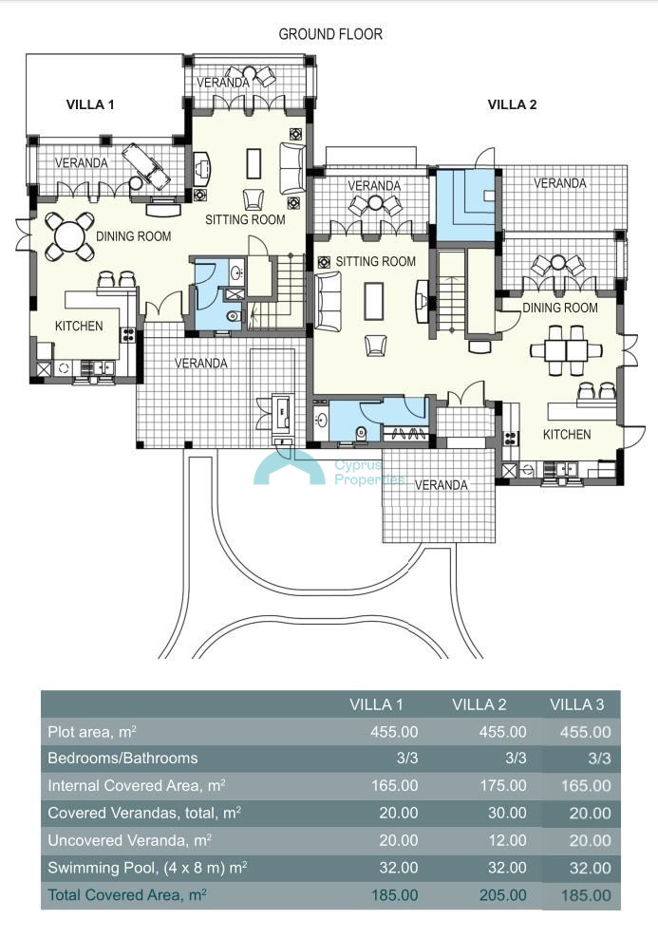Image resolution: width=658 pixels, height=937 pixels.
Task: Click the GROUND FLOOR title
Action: click(330, 34)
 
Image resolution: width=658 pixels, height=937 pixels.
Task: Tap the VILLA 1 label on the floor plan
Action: click(90, 104)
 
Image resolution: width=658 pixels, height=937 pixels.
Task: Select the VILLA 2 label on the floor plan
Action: click(512, 104)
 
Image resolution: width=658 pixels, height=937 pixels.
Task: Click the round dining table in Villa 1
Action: click(69, 236)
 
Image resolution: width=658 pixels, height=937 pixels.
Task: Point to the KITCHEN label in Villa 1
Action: click(79, 327)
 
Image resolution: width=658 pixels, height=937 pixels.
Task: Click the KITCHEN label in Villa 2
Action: click(567, 435)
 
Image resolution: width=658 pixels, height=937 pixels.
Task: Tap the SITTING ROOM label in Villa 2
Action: click(375, 262)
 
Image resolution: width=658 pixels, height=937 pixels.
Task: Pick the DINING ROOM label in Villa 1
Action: click(133, 236)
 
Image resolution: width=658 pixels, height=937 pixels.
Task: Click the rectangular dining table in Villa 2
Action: click(566, 350)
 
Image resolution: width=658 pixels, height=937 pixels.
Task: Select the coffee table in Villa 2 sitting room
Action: click(374, 301)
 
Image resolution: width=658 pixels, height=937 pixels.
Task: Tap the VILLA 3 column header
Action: click(577, 704)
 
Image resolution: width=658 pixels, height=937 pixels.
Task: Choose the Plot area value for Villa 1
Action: click(394, 732)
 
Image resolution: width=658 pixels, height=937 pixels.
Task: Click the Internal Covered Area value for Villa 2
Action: click(503, 786)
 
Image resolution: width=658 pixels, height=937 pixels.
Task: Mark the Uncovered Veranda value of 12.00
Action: click(507, 841)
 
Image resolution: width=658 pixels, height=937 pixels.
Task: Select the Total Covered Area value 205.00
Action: click(503, 895)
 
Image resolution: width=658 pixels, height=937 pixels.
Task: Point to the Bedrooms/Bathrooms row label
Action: click(122, 759)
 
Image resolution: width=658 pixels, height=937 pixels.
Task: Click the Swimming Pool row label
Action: click(147, 868)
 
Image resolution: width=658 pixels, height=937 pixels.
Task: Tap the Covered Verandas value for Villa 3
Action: click(590, 814)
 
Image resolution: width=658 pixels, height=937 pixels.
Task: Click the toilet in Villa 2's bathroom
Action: click(361, 434)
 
